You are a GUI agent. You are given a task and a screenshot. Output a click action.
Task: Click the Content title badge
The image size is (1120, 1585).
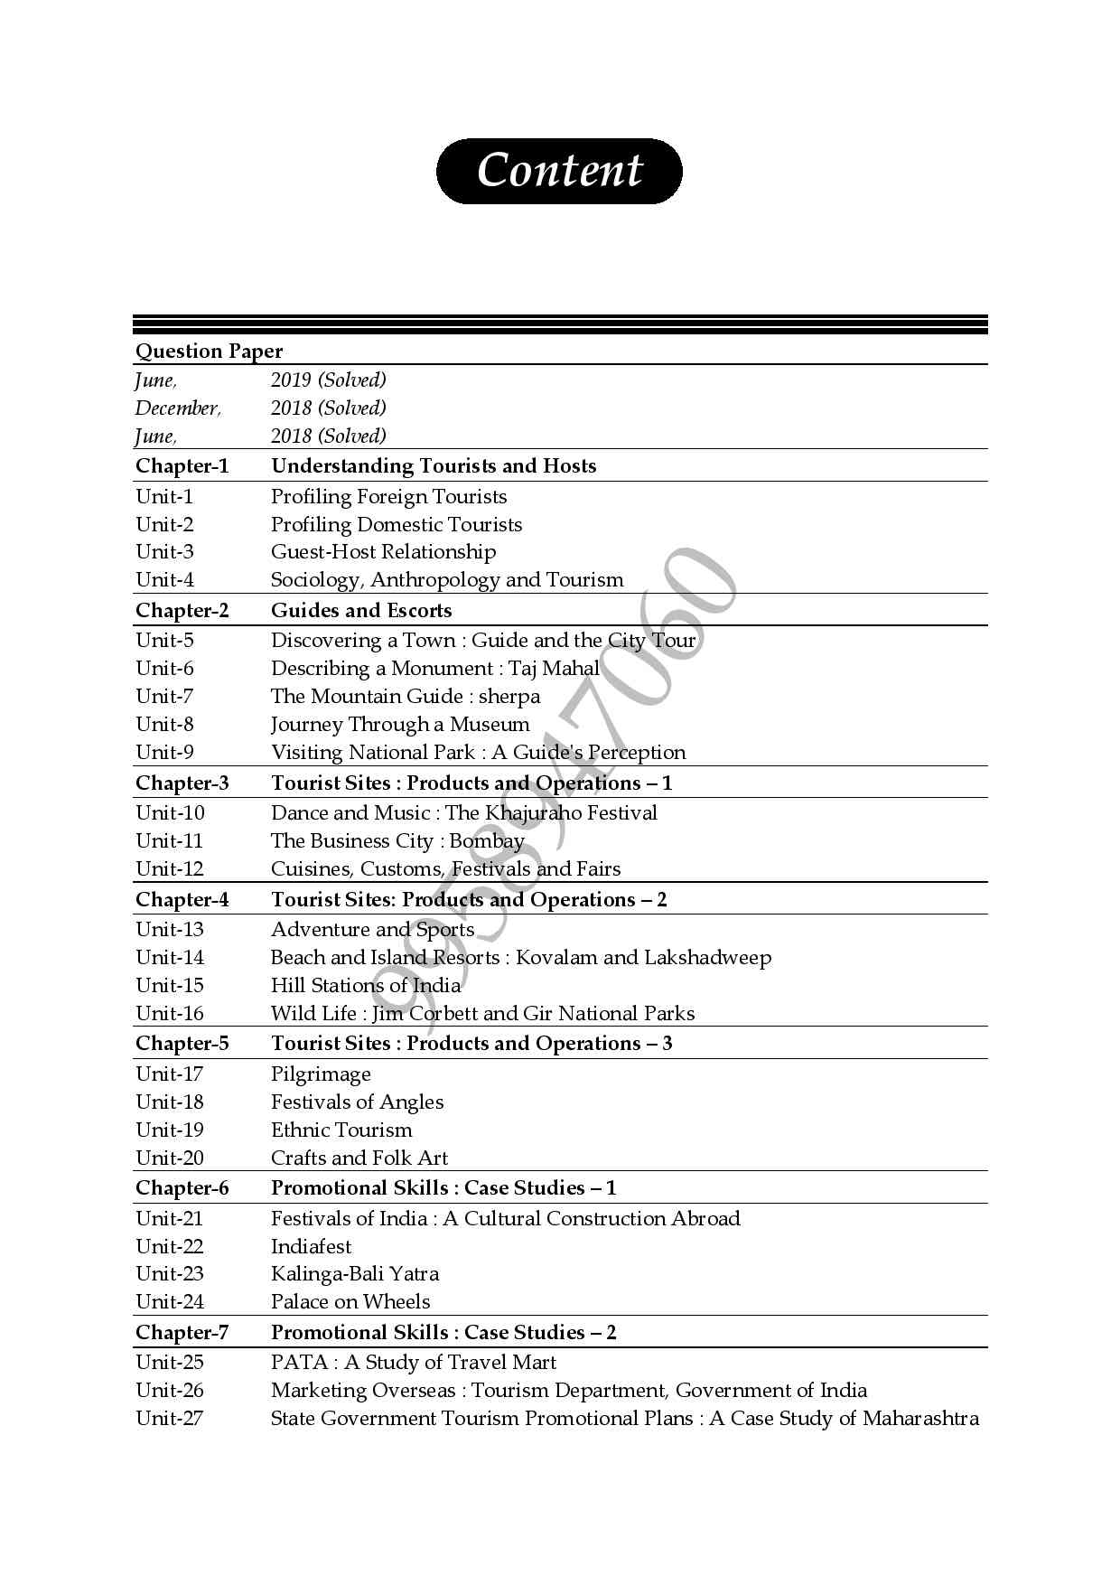pos(559,171)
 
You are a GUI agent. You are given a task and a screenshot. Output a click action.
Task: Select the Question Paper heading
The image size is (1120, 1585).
pos(209,351)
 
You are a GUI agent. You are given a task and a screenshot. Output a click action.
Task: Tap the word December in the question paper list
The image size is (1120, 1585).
pos(177,408)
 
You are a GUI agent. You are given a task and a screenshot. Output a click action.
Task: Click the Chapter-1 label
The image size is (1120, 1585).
pos(182,466)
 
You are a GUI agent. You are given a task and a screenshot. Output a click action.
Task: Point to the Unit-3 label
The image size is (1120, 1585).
pos(164,552)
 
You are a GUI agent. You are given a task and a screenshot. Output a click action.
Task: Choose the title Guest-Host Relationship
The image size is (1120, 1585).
pos(383,552)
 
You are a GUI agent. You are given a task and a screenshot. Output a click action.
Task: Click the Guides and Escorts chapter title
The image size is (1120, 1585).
pos(361,611)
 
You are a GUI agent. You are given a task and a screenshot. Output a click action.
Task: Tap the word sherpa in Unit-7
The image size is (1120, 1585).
pos(509,697)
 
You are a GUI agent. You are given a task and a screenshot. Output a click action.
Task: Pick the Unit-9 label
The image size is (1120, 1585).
pos(164,753)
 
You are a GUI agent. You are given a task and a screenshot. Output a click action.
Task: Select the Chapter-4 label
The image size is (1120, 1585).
pos(182,900)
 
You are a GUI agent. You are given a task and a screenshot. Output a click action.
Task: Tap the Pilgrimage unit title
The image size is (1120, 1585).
pos(321,1074)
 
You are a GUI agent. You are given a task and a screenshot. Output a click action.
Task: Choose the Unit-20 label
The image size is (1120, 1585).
pos(170,1158)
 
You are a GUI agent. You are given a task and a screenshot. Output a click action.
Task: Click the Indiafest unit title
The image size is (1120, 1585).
pos(311,1247)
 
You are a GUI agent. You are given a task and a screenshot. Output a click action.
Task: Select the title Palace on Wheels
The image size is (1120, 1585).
pos(350,1302)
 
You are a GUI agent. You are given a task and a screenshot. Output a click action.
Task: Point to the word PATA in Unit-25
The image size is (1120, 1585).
pos(299,1363)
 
